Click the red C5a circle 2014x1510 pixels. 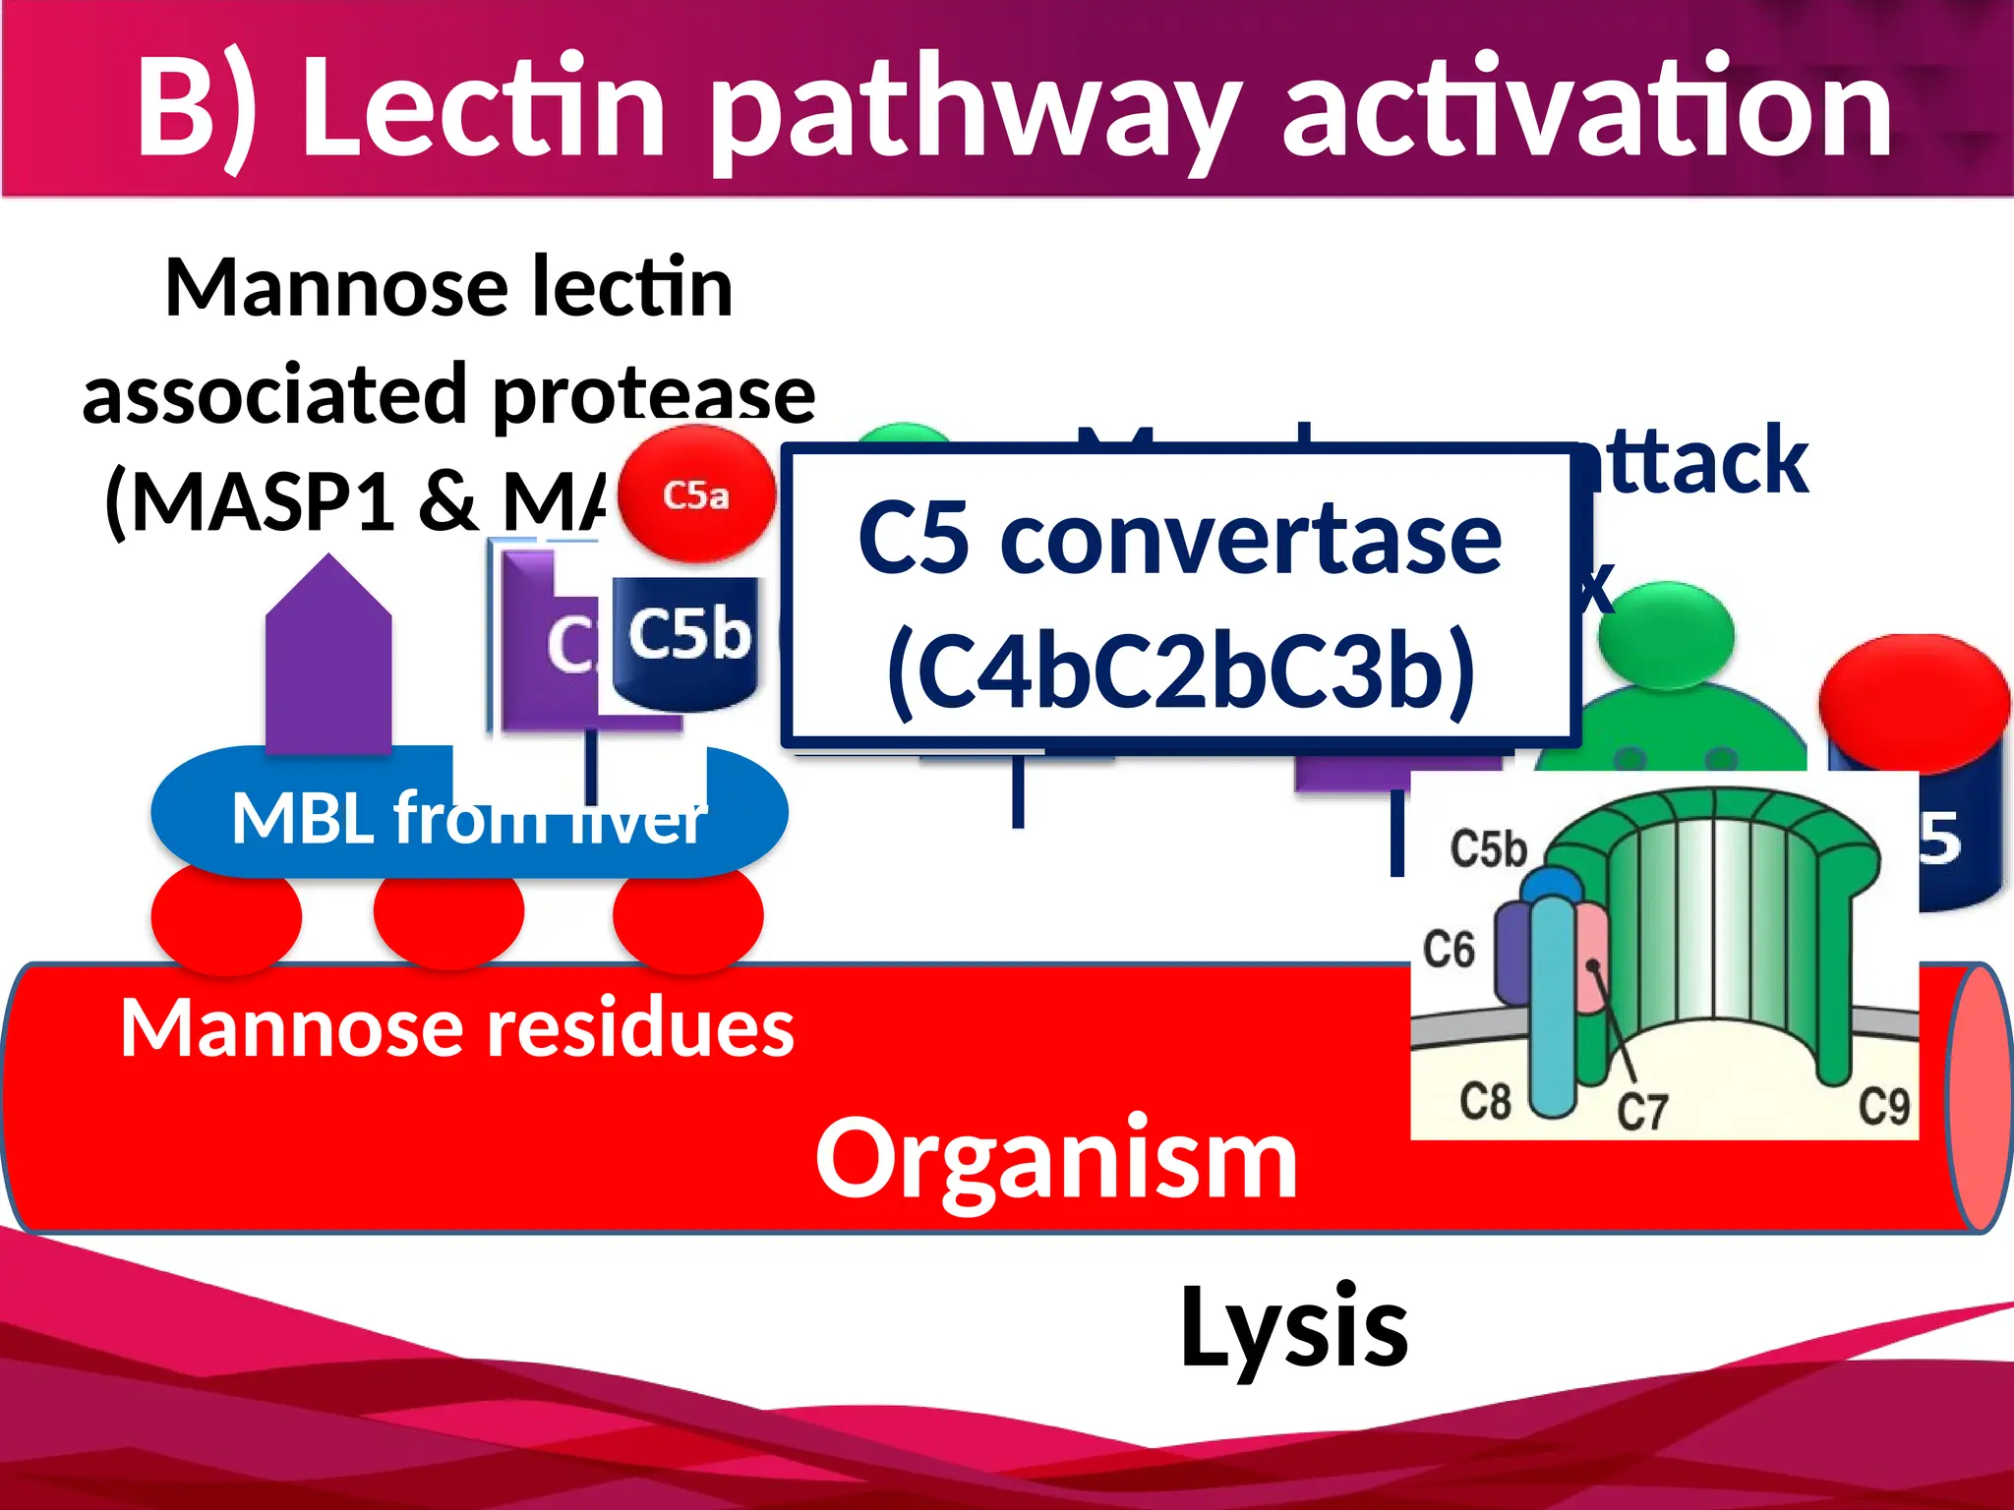pyautogui.click(x=696, y=494)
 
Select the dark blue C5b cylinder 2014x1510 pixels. pyautogui.click(x=686, y=641)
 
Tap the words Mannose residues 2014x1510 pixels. pyautogui.click(x=457, y=1028)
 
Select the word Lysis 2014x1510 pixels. pyautogui.click(x=1293, y=1327)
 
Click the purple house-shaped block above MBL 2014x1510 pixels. pyautogui.click(x=328, y=659)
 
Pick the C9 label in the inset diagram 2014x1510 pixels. pyautogui.click(x=1883, y=1106)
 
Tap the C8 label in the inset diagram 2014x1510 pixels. pyautogui.click(x=1484, y=1101)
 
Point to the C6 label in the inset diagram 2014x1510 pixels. pyautogui.click(x=1449, y=950)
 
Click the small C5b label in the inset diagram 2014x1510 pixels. pyautogui.click(x=1488, y=847)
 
